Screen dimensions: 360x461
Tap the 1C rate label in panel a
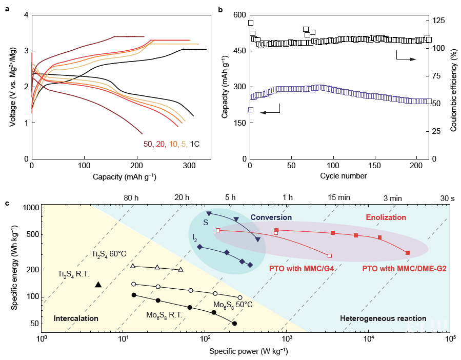click(195, 144)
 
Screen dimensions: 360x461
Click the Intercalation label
click(76, 318)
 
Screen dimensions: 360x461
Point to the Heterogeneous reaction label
click(375, 318)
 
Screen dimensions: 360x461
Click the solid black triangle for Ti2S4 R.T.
click(98, 284)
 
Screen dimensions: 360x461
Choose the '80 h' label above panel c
click(132, 197)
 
